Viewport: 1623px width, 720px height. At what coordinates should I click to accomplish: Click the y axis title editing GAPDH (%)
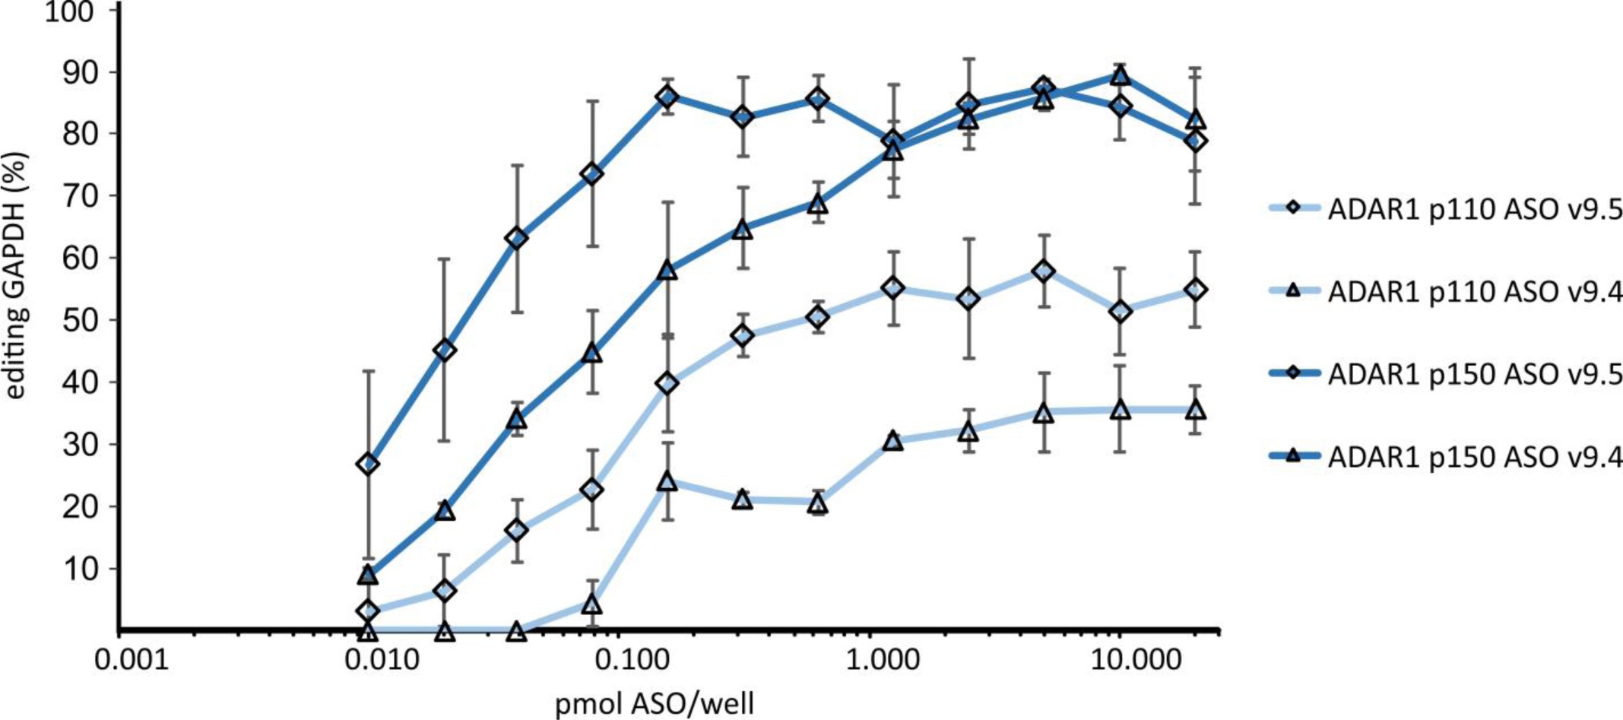tap(17, 275)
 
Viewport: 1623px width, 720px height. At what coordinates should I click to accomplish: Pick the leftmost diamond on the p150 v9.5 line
tap(368, 464)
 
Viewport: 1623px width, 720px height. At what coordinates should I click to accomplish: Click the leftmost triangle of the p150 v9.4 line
tap(368, 575)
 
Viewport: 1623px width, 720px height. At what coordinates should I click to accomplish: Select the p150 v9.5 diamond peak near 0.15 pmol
tap(667, 97)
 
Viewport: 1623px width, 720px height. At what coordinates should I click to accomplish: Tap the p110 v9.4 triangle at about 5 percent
tap(592, 605)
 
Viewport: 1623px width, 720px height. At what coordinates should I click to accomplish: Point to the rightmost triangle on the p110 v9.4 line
tap(1195, 411)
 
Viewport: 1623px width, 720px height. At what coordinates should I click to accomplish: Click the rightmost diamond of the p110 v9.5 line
tap(1195, 290)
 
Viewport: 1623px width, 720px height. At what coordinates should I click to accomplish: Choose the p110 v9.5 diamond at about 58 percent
tap(1044, 271)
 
